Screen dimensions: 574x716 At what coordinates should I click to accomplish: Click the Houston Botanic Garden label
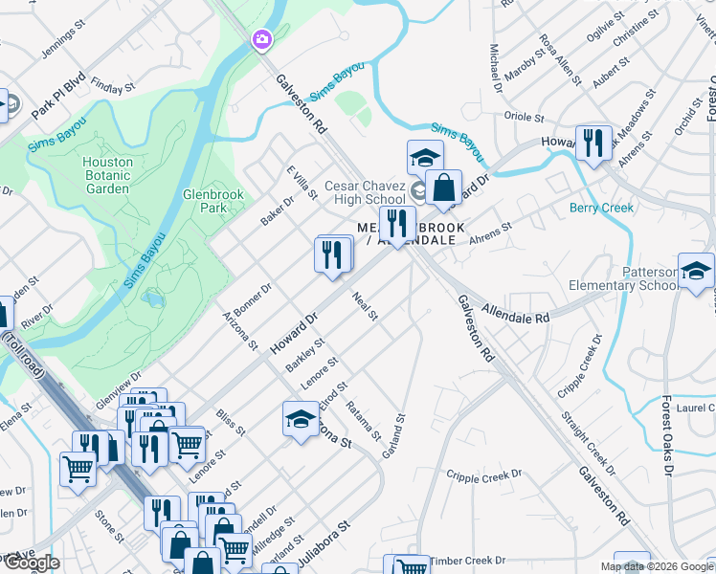pyautogui.click(x=106, y=175)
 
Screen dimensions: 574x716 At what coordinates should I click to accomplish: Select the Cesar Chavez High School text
pyautogui.click(x=365, y=192)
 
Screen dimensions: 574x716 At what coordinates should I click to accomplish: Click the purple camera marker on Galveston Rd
pyautogui.click(x=260, y=39)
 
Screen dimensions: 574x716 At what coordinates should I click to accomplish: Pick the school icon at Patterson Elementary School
pyautogui.click(x=695, y=271)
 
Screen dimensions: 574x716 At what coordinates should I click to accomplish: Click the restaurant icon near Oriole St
pyautogui.click(x=593, y=143)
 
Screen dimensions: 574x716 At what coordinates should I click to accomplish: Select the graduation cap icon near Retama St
pyautogui.click(x=301, y=420)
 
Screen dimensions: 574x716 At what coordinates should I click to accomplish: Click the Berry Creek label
pyautogui.click(x=601, y=208)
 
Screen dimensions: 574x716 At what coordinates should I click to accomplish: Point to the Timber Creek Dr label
pyautogui.click(x=466, y=561)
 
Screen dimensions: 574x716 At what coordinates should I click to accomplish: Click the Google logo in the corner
pyautogui.click(x=31, y=563)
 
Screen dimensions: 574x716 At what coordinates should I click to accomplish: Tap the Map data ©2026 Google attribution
pyautogui.click(x=656, y=566)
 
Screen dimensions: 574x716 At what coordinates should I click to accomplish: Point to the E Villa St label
pyautogui.click(x=302, y=182)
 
